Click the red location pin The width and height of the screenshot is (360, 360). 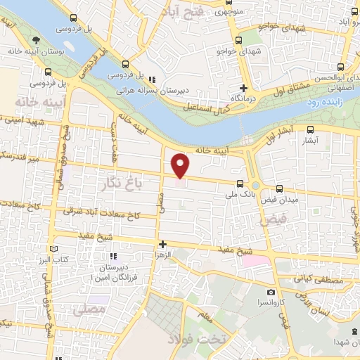click(x=181, y=165)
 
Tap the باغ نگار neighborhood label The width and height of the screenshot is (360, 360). click(x=120, y=185)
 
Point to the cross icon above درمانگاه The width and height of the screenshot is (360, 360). click(x=243, y=88)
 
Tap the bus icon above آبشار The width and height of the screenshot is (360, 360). click(x=311, y=129)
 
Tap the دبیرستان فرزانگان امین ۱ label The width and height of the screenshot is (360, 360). click(x=113, y=274)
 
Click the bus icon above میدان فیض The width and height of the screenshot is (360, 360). click(x=280, y=188)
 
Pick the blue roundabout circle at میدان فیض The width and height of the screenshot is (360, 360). click(x=255, y=186)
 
